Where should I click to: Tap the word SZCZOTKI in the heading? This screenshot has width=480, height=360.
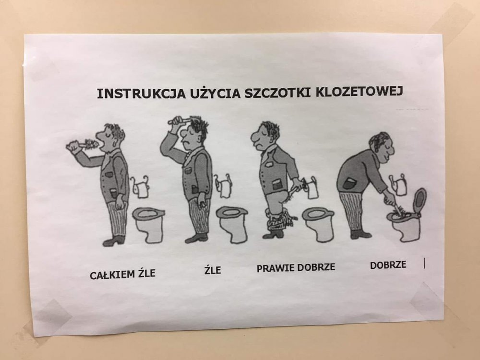277,93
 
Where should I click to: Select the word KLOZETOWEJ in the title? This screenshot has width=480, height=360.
359,92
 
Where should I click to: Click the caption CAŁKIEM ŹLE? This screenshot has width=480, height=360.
122,274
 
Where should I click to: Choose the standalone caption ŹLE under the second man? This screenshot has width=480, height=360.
213,269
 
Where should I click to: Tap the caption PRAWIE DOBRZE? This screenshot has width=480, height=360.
296,267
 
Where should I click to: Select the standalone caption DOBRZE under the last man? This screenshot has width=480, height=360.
388,265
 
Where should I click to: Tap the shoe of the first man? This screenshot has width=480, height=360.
113,241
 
